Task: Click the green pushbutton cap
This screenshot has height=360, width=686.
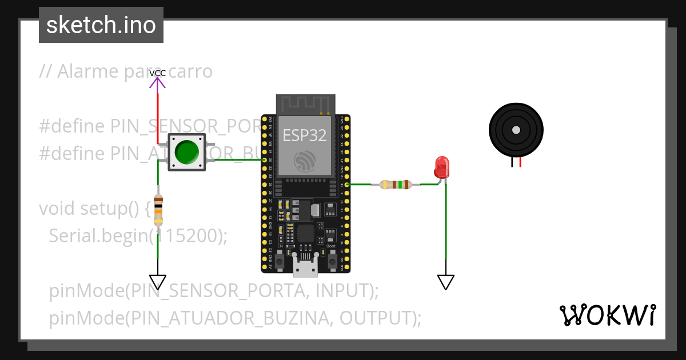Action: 186,152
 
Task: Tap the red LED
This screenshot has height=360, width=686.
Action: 442,167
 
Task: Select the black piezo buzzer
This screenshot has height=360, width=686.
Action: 516,131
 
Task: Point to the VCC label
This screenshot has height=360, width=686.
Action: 157,73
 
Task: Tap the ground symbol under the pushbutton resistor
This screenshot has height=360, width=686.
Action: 158,282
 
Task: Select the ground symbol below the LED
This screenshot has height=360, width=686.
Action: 446,282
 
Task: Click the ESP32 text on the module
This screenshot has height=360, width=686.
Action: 305,135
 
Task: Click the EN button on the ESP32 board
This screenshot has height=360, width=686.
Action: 280,261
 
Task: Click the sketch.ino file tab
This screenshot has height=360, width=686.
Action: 101,25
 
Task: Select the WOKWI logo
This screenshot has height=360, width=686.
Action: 608,315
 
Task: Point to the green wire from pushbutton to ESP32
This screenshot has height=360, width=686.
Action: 234,159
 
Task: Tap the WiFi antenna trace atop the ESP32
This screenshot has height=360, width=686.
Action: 305,104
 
